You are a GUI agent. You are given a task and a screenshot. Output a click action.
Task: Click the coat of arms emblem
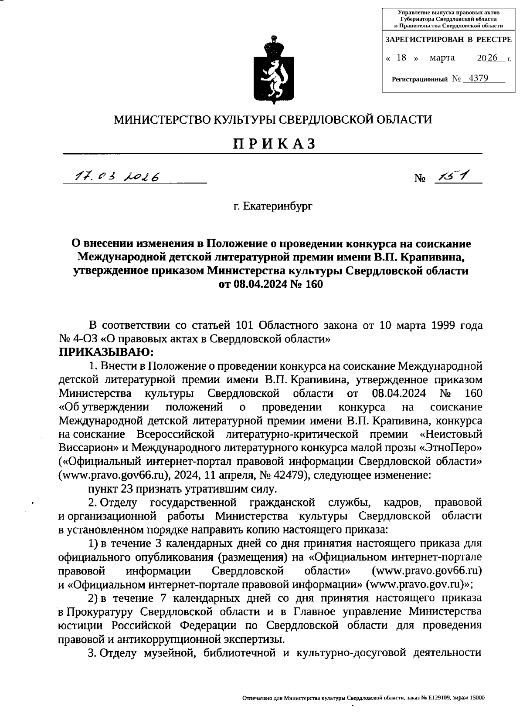pos(273,71)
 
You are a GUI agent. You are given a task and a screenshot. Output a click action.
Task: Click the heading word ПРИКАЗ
pos(274,143)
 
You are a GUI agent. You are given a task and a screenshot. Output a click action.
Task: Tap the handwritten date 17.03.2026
pos(116,176)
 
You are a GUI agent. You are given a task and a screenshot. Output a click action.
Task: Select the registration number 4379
pos(475,78)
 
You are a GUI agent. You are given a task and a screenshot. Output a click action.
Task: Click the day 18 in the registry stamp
pos(402,57)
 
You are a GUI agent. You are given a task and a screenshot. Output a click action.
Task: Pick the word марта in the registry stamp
pos(442,57)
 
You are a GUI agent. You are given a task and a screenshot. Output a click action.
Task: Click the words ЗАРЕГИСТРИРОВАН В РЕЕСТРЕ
pos(448,40)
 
